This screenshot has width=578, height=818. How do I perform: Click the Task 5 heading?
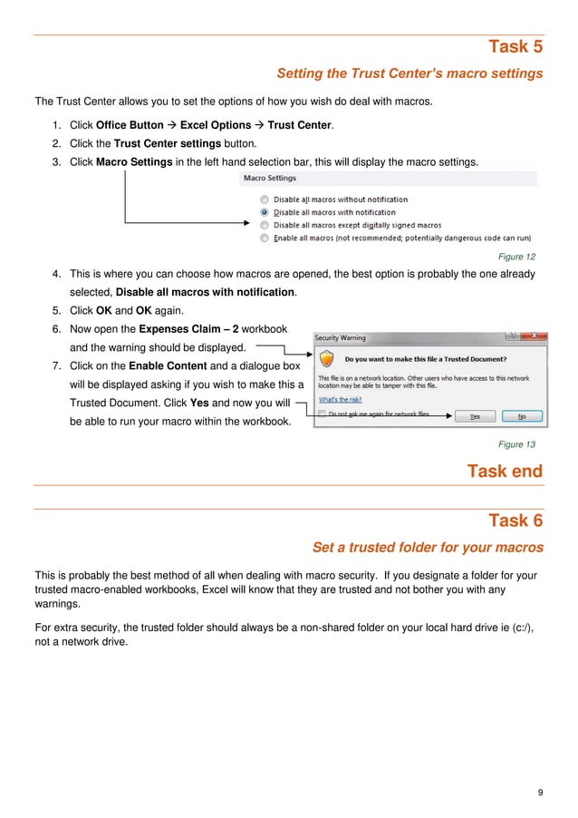tap(515, 46)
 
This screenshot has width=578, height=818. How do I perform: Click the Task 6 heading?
tap(515, 521)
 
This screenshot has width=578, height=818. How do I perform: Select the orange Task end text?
tap(505, 472)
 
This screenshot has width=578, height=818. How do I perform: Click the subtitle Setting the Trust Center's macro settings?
tap(409, 73)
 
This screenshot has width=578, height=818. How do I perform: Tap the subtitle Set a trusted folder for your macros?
tap(427, 548)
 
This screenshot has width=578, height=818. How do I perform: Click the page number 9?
tap(540, 794)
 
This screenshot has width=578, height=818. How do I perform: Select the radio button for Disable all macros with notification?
tap(264, 212)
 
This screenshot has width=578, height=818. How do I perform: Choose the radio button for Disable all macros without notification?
tap(264, 200)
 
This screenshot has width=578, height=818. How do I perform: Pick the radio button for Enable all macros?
tap(264, 238)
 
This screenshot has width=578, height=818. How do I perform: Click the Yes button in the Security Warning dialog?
tap(475, 416)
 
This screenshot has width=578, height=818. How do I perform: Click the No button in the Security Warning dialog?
tap(521, 416)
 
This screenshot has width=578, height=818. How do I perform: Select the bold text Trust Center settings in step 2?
tap(168, 143)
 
